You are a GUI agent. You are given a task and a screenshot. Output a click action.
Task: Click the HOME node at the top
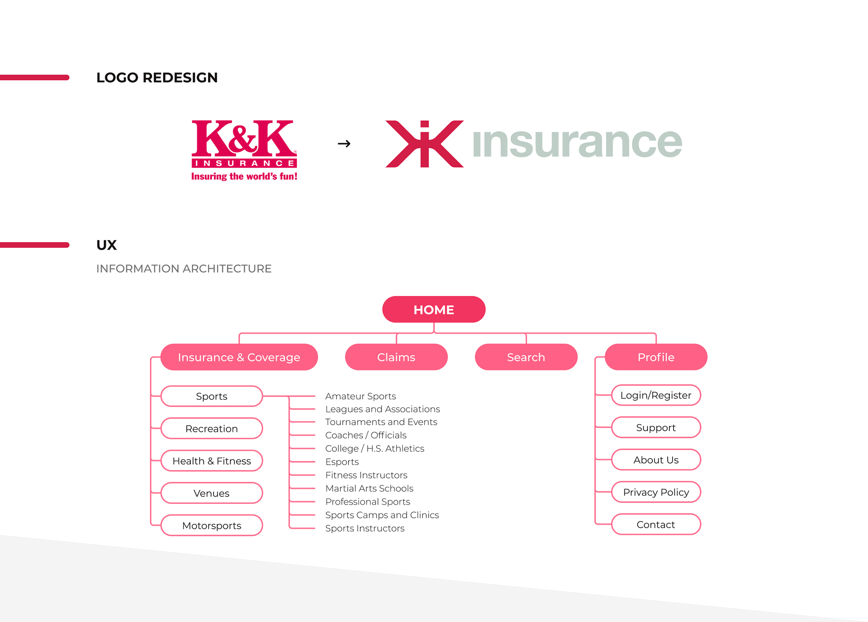[434, 309]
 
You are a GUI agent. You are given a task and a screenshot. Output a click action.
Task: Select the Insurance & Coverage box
[239, 357]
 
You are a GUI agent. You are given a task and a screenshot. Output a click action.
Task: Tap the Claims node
[396, 357]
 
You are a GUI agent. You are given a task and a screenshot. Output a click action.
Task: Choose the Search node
[526, 357]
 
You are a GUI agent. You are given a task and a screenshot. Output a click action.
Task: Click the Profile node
[656, 357]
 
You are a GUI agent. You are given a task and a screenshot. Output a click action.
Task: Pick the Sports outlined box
[212, 396]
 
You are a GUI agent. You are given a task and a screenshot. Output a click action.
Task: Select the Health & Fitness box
[212, 461]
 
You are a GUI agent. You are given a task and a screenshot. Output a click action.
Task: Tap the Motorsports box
[212, 526]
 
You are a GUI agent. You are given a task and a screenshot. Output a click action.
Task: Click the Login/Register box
[656, 395]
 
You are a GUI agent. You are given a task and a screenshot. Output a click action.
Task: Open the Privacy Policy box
[656, 492]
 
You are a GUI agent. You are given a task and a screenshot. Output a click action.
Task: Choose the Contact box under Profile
[656, 525]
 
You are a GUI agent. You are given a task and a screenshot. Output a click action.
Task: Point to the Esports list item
[342, 462]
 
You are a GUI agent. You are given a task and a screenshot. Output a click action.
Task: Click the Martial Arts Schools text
[369, 489]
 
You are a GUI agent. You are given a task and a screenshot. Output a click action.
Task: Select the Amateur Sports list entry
[360, 396]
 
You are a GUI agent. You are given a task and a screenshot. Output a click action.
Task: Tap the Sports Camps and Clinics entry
[382, 515]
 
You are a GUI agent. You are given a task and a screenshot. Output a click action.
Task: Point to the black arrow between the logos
[344, 144]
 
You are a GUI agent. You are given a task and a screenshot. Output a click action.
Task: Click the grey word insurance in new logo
[577, 142]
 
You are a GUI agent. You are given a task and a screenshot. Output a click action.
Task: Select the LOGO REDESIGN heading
[157, 78]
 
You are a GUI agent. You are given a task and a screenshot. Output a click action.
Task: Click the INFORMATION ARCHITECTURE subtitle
[184, 269]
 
